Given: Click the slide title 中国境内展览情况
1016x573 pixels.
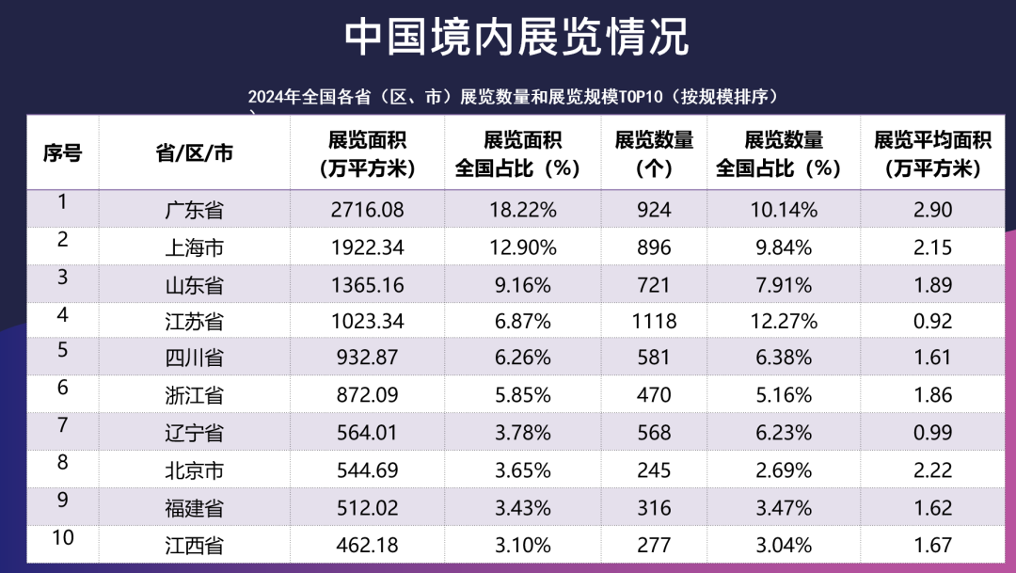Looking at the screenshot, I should [x=516, y=38].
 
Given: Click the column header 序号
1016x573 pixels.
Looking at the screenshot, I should [x=62, y=153].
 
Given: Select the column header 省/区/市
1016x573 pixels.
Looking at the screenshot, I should [x=194, y=153].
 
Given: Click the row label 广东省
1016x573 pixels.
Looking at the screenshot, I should [x=194, y=210].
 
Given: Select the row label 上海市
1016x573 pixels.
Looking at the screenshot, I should [x=194, y=247].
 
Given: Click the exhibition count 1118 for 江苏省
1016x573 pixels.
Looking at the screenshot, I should [x=654, y=321].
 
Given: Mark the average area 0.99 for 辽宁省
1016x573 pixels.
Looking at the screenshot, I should [x=932, y=433].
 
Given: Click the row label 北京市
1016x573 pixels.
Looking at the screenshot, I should [x=194, y=470].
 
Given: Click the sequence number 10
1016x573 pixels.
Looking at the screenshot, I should [x=63, y=537].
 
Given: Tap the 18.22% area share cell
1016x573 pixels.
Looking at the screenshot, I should [x=524, y=210].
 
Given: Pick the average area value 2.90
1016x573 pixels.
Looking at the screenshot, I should [x=932, y=210].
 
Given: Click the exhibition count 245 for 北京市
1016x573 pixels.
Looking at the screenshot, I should [x=654, y=470].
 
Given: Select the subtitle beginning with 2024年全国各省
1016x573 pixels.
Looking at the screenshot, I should [x=516, y=97].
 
